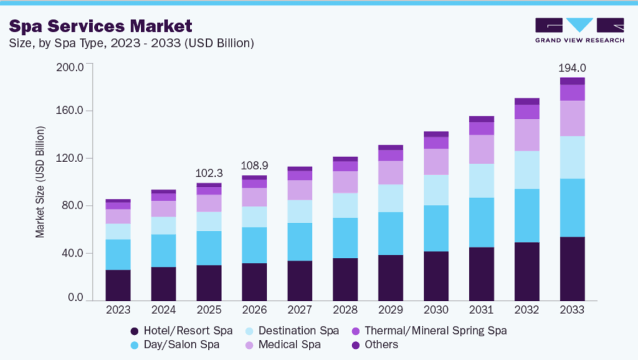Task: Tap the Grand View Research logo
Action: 579,31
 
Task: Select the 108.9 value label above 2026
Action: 254,167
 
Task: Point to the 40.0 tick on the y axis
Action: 72,253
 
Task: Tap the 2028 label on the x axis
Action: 345,310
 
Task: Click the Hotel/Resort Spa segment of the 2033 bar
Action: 572,268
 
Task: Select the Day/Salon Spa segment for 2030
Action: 436,228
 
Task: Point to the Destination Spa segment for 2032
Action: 526,169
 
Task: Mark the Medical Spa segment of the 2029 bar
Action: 390,173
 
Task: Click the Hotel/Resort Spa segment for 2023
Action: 118,285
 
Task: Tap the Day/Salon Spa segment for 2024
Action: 163,250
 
